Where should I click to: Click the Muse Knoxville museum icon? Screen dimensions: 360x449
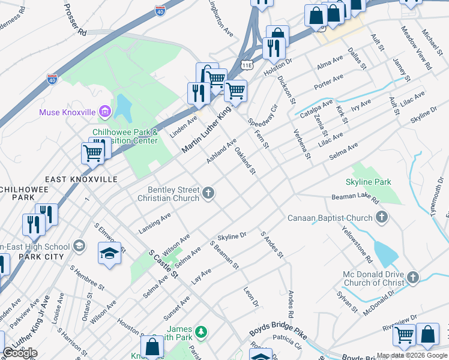(x=106, y=112)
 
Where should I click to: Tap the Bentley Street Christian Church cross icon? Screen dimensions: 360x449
(x=208, y=193)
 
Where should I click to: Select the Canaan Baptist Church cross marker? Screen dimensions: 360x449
(x=381, y=217)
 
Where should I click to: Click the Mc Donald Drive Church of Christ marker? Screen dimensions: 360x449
(x=412, y=277)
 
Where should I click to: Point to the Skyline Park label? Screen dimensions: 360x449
(x=368, y=182)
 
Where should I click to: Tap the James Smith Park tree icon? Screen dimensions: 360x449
(x=202, y=331)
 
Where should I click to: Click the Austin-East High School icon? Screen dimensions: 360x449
(x=79, y=246)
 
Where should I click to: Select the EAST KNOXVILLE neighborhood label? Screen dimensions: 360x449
(x=76, y=179)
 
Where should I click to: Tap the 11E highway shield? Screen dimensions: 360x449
(x=247, y=64)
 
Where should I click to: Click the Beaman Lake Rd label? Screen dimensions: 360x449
(x=355, y=198)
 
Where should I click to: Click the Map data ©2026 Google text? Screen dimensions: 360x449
(x=411, y=355)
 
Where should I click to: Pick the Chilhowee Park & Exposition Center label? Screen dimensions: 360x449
(x=125, y=136)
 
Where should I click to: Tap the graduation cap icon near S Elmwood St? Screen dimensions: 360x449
(x=109, y=253)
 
